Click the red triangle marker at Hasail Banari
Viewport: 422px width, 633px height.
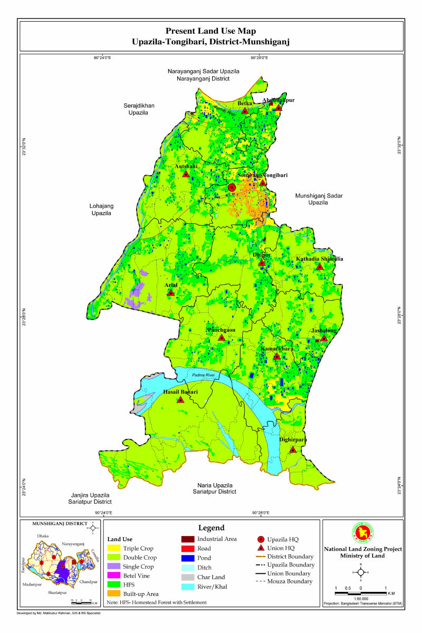(180, 400)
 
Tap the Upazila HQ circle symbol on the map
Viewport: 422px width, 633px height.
(232, 187)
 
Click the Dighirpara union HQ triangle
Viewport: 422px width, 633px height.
(293, 449)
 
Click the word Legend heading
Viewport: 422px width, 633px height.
(211, 527)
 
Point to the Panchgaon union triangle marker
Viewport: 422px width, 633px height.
(222, 337)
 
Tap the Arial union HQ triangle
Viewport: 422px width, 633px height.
(170, 292)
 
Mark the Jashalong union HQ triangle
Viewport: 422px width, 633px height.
(324, 338)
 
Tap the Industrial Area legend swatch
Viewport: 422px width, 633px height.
(187, 539)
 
